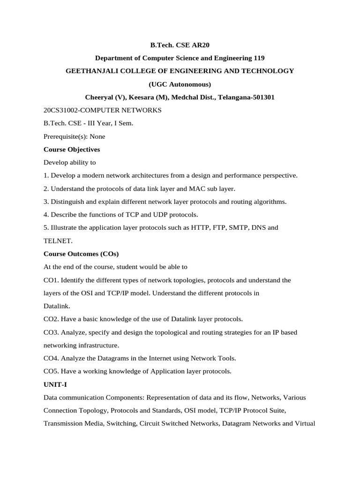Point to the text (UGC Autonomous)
click(180, 84)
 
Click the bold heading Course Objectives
click(72, 150)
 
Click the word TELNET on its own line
click(58, 241)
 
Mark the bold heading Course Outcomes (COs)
click(81, 254)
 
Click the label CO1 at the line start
click(51, 280)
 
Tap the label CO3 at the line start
click(51, 332)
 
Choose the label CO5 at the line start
click(51, 371)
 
